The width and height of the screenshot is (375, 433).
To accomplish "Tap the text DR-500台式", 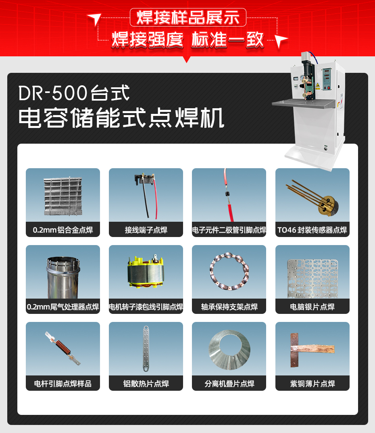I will coord(74,93).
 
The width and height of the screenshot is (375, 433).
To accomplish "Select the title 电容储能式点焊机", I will coord(121,117).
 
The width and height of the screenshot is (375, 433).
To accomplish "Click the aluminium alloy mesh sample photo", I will coord(63,196).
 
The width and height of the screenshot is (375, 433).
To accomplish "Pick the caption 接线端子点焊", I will coord(146,230).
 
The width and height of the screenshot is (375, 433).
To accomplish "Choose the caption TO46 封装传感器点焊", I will coord(312,230).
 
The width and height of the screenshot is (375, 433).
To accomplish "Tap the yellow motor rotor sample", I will coord(146,273).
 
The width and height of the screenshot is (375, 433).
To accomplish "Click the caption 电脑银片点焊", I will coord(312,307).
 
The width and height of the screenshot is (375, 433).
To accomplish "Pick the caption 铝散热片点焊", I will coord(146,384).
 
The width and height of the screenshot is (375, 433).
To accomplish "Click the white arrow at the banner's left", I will coord(94,19).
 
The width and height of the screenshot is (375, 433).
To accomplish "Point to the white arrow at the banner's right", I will coord(282,40).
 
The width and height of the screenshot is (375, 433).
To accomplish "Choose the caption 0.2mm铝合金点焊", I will coord(63,230).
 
